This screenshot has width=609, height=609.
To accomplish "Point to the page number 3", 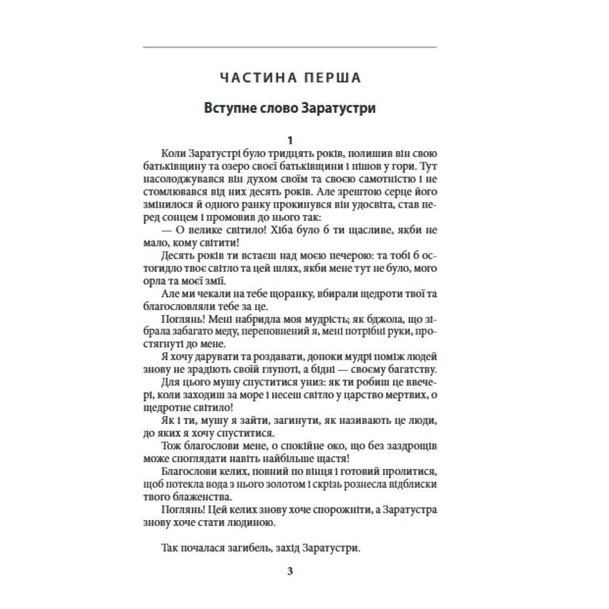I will [x=290, y=572].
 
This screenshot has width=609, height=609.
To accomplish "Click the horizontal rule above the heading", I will [x=290, y=47].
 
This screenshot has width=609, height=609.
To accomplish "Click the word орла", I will [x=153, y=281].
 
